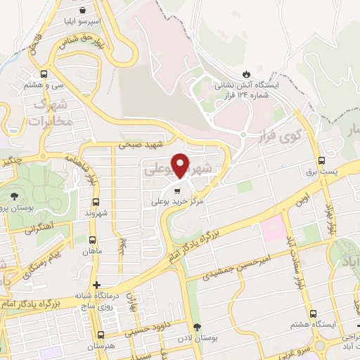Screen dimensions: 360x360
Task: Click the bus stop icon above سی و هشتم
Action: click(x=44, y=74)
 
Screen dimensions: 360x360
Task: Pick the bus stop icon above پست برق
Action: click(x=321, y=160)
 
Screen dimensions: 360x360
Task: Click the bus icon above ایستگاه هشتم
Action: click(x=309, y=314)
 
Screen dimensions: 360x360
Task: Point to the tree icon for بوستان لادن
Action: click(x=198, y=327)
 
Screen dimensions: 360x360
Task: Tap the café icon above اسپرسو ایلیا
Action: click(x=84, y=11)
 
